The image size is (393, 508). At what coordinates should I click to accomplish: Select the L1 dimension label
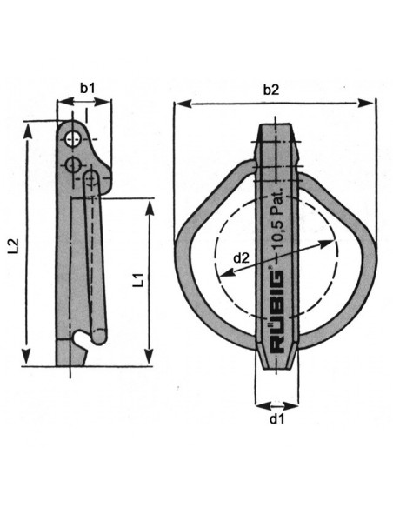pos(137,280)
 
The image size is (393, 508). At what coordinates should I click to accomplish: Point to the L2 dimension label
pos(13,245)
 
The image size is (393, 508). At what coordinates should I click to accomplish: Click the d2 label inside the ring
pos(243,257)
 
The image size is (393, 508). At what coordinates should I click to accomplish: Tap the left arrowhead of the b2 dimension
pos(177,104)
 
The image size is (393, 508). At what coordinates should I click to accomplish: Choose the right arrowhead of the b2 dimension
pos(372,104)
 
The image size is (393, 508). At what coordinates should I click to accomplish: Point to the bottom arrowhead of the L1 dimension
pos(152,360)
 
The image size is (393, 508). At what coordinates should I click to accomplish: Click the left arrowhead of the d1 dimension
pos(260,404)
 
